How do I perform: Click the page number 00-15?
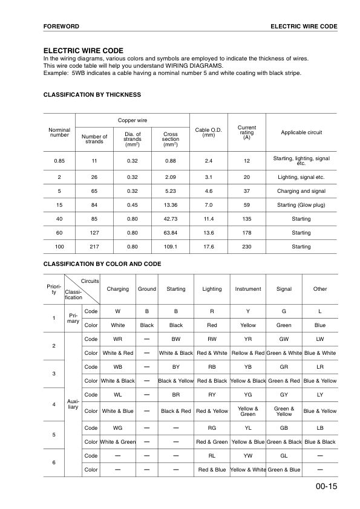(x=326, y=488)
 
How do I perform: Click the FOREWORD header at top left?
(x=61, y=27)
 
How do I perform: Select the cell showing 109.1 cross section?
(x=171, y=247)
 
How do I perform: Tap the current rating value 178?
(x=247, y=233)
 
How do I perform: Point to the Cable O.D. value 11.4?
(x=209, y=219)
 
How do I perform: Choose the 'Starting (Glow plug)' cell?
(x=301, y=205)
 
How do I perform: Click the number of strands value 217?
(x=94, y=247)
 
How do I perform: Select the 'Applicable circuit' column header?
(x=301, y=132)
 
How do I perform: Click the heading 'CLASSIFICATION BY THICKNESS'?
(x=92, y=95)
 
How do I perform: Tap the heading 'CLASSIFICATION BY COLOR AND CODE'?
(x=102, y=264)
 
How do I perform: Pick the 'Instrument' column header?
(x=248, y=289)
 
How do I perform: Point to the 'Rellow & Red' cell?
(x=248, y=353)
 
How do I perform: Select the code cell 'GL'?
(x=284, y=455)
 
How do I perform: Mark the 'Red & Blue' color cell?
(x=212, y=470)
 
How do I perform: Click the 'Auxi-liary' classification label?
(x=73, y=403)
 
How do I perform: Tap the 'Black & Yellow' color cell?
(x=175, y=381)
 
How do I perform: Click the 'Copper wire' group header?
(x=133, y=120)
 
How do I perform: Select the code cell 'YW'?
(x=248, y=455)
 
